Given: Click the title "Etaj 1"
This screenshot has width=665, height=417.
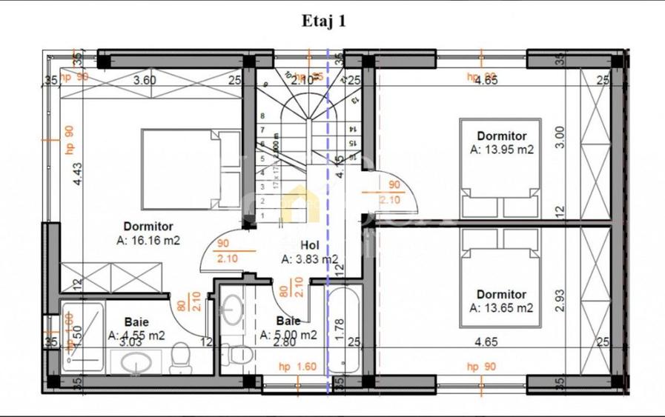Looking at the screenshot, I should [x=323, y=21].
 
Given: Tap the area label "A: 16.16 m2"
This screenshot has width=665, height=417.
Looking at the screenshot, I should [x=148, y=240].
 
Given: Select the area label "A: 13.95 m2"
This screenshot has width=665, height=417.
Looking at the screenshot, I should [x=502, y=149].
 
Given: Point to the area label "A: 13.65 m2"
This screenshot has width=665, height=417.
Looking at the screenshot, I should [x=502, y=307].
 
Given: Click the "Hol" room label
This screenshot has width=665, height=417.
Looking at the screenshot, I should [x=310, y=245].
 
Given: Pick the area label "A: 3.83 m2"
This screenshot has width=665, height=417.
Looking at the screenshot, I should [x=310, y=259].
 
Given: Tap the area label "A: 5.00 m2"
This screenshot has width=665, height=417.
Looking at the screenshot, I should [x=288, y=335].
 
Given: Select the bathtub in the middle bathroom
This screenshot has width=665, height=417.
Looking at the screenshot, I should [x=345, y=330].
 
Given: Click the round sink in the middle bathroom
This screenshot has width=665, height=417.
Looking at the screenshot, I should [x=232, y=309].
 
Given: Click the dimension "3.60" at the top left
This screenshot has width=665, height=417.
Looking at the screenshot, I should [x=144, y=80].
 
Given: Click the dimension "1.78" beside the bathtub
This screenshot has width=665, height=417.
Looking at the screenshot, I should [x=339, y=326].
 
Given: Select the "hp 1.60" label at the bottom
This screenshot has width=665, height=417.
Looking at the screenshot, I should [x=297, y=367].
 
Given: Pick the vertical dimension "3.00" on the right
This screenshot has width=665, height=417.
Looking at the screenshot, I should [x=560, y=138].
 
